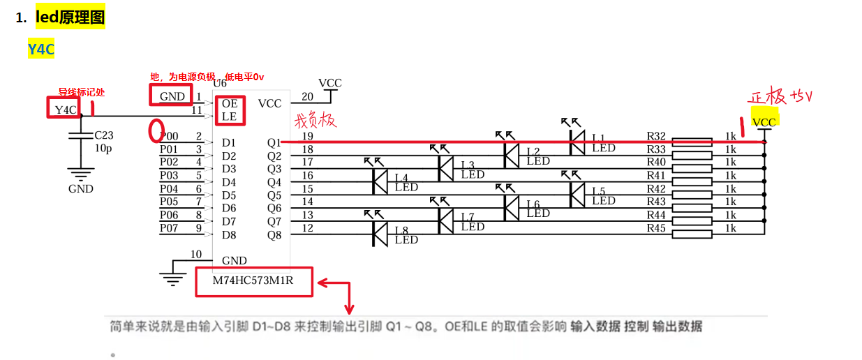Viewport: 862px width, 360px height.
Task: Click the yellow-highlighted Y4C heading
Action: click(41, 50)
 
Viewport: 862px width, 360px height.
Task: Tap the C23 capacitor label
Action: click(104, 135)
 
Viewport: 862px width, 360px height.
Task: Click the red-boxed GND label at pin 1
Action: click(172, 96)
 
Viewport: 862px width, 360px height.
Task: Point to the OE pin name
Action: click(230, 103)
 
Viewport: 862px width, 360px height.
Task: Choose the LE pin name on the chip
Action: click(230, 117)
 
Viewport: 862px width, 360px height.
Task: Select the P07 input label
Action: click(169, 228)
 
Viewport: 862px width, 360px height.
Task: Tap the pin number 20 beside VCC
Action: click(307, 96)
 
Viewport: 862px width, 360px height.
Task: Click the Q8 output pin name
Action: click(274, 235)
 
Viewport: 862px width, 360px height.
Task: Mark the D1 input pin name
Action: click(229, 142)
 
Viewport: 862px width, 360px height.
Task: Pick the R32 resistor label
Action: click(656, 137)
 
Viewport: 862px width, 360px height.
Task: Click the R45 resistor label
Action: click(656, 228)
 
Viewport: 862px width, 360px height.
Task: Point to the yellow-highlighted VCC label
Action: click(764, 122)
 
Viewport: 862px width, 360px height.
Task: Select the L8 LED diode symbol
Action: click(380, 234)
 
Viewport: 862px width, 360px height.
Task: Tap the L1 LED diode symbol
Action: click(577, 142)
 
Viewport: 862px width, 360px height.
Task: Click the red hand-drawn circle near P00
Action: click(157, 130)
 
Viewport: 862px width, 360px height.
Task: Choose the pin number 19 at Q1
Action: click(307, 137)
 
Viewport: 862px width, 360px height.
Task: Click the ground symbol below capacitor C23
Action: click(81, 174)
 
